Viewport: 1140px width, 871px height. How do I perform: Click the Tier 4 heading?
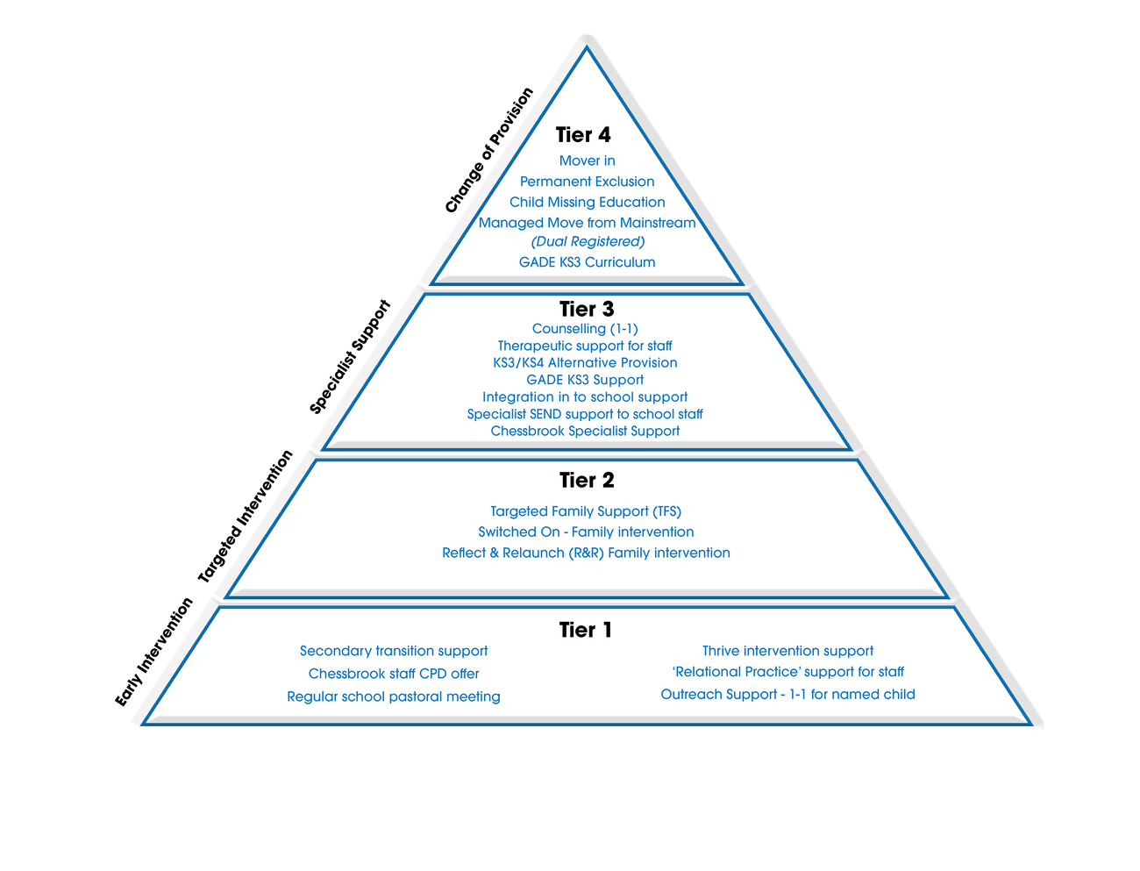click(x=583, y=135)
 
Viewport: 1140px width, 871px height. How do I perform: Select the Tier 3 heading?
click(x=587, y=309)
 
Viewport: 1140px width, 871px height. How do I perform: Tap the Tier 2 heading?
click(x=587, y=481)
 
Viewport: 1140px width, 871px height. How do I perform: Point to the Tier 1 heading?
click(x=585, y=631)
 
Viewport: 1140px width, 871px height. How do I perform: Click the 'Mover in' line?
click(x=587, y=161)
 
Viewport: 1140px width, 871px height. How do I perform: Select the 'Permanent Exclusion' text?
click(x=587, y=182)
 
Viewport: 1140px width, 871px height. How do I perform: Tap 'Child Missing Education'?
click(x=587, y=203)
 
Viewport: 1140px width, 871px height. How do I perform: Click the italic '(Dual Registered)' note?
click(x=588, y=242)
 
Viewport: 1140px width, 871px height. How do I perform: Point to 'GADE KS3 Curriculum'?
click(x=587, y=262)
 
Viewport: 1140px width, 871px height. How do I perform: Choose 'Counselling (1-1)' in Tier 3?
click(x=585, y=329)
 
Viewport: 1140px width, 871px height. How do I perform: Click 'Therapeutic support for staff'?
click(x=585, y=346)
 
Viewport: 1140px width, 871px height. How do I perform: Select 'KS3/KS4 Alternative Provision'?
click(x=585, y=363)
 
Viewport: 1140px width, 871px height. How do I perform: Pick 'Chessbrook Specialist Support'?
click(x=585, y=432)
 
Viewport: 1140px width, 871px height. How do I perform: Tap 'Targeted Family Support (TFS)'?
click(x=586, y=511)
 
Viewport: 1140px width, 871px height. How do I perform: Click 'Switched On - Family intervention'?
click(x=586, y=532)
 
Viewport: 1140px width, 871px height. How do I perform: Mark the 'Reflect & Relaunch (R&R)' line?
click(x=586, y=553)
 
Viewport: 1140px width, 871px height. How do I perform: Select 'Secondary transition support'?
click(x=394, y=651)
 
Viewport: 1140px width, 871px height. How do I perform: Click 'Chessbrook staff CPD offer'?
click(x=394, y=674)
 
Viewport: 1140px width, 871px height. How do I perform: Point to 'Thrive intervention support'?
click(x=787, y=651)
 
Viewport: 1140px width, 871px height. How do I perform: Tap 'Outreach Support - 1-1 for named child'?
click(x=787, y=695)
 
